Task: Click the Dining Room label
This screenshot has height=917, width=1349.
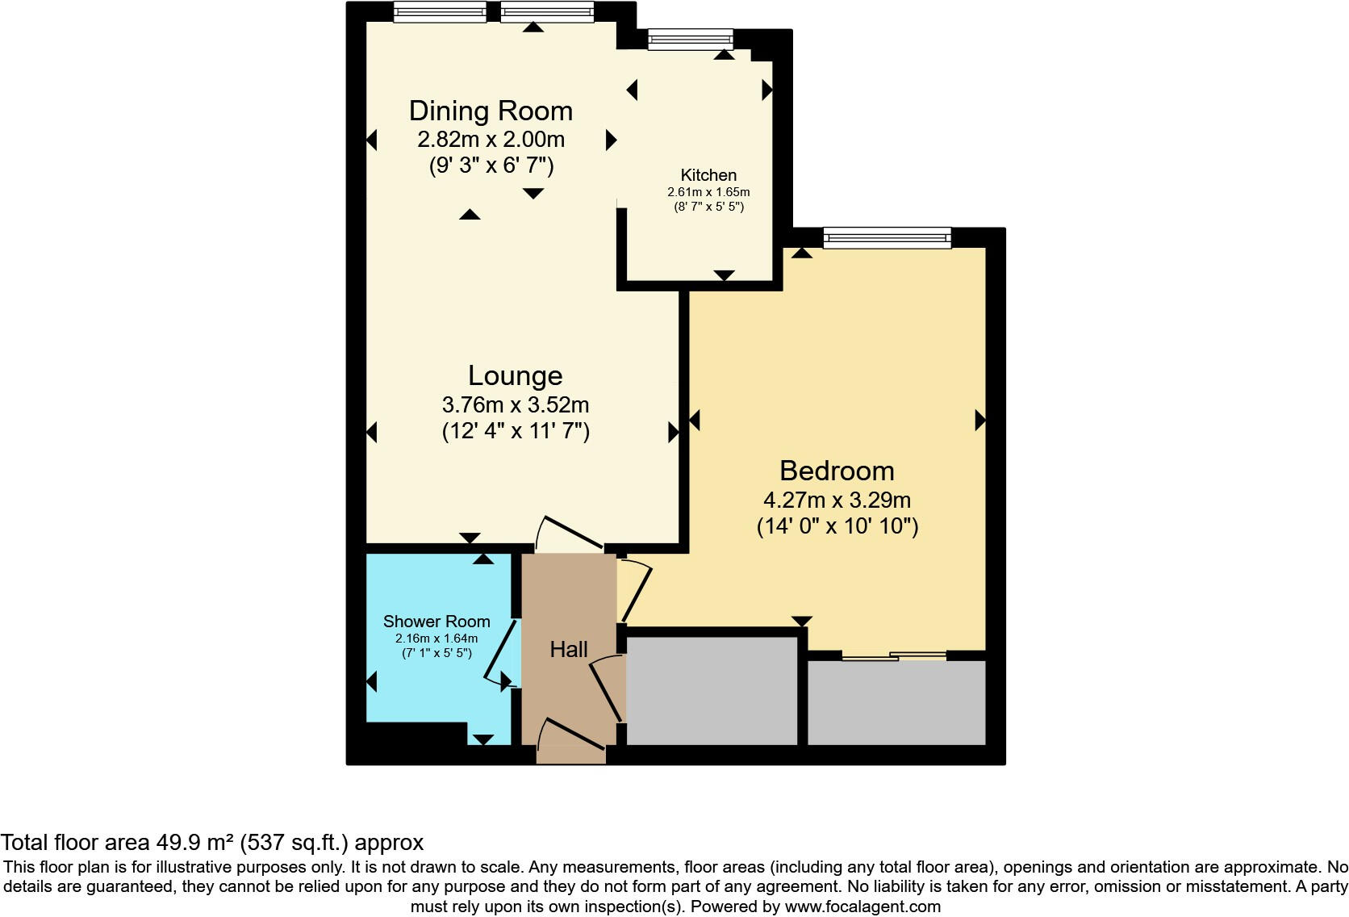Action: point(491,111)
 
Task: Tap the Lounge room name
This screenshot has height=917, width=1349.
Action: point(515,375)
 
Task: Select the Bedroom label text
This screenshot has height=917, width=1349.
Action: point(837,471)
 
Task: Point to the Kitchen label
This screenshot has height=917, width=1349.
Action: point(708,175)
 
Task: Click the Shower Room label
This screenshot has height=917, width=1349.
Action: point(436,622)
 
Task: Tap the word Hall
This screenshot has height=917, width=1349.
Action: point(569,649)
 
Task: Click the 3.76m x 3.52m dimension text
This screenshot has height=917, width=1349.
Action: point(515,404)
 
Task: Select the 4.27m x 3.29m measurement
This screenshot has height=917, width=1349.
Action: point(837,500)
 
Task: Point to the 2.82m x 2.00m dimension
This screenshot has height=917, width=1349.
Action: point(491,140)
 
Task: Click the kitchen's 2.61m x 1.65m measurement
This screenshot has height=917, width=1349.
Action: point(708,192)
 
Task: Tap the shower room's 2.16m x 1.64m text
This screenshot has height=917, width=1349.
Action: point(436,639)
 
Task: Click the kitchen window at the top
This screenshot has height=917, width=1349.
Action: point(691,39)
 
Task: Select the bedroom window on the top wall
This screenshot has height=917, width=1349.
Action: point(887,237)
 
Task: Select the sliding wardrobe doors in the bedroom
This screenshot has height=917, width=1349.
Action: point(894,656)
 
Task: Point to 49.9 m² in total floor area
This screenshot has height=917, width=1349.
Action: point(192,843)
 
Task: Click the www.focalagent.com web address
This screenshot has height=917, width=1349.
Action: point(862,907)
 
